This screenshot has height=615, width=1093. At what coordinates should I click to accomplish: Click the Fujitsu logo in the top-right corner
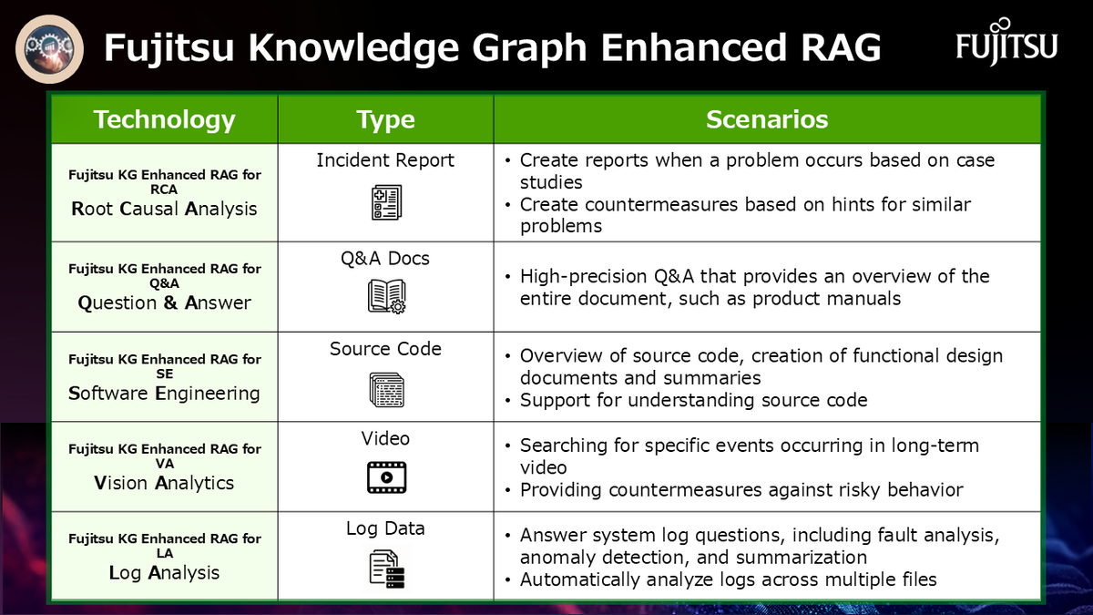click(1006, 42)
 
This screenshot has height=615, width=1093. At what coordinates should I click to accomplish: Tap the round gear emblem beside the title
click(49, 49)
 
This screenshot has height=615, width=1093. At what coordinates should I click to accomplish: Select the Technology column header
click(165, 119)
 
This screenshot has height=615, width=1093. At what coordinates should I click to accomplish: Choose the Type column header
click(385, 120)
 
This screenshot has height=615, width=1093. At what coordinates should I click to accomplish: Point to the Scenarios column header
click(767, 119)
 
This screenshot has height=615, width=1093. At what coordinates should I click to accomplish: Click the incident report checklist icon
click(386, 202)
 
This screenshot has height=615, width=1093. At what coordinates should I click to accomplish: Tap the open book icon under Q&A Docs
click(386, 296)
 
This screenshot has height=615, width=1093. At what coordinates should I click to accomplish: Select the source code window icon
click(386, 390)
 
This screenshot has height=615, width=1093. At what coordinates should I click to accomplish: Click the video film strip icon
click(386, 477)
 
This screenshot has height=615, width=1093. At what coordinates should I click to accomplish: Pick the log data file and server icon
click(387, 569)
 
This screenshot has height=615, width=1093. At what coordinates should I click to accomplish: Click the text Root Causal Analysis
click(164, 209)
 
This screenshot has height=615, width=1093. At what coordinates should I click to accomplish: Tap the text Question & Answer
click(165, 302)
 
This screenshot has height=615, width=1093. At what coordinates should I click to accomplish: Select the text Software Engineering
click(164, 394)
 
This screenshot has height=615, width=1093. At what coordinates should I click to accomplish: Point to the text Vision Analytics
click(164, 483)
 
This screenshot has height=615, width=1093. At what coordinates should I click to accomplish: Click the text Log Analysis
click(164, 573)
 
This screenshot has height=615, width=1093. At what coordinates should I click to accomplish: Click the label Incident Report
click(385, 160)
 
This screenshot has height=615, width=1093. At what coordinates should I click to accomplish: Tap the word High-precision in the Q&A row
click(584, 277)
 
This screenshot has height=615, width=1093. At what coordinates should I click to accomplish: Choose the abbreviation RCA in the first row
click(164, 190)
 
